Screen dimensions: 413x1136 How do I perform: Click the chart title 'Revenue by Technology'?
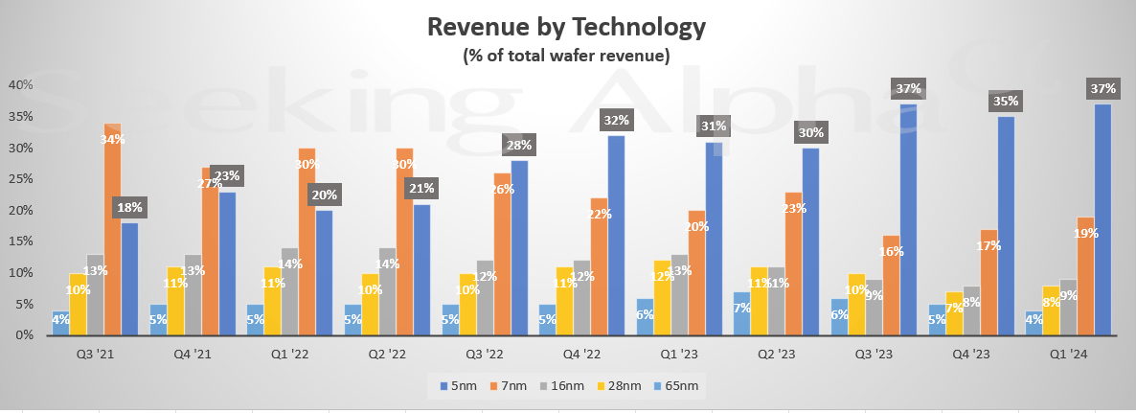coord(567,28)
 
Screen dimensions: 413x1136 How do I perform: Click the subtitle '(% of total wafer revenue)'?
coord(567,57)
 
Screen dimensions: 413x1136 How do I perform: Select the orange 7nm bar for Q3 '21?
coord(112,230)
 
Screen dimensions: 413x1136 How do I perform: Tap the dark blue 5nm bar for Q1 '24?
coord(1102,220)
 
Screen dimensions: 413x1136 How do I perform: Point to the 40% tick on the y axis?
coord(21,85)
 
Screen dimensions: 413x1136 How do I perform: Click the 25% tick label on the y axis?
coord(21,179)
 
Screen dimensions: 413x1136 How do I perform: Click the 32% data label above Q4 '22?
coord(616,121)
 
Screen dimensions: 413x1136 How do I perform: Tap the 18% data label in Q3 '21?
coord(129,208)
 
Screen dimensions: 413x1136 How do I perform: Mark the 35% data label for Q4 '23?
coord(1006,102)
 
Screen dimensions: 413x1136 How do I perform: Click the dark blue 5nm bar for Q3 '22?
coord(518,248)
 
